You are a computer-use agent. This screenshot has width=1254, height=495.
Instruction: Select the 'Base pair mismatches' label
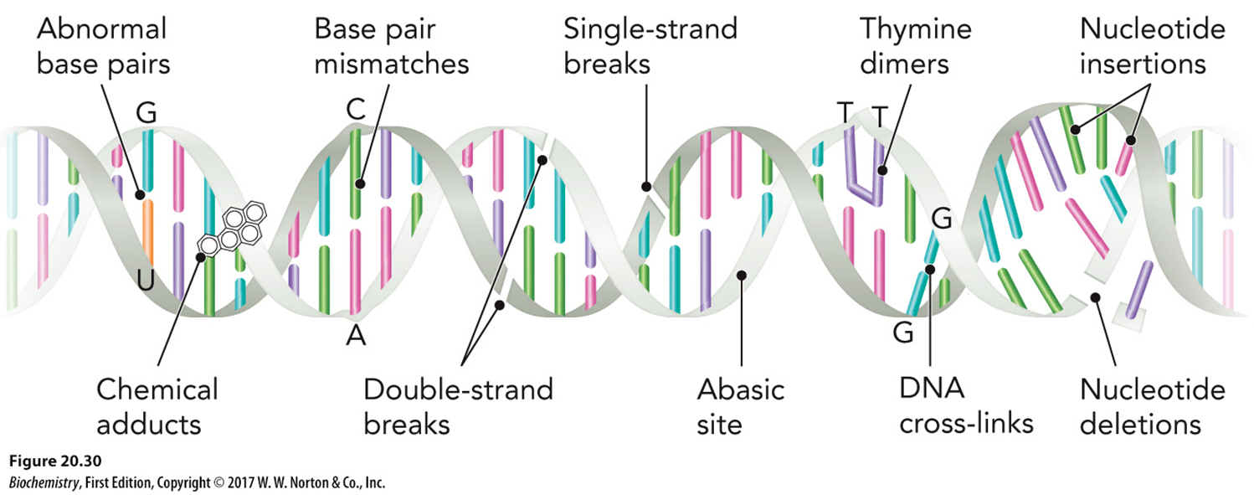391,46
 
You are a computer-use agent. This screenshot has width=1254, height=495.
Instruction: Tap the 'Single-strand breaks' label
650,46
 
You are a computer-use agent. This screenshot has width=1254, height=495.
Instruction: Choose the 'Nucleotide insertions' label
1152,46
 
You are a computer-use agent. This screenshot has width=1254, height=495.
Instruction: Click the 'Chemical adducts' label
157,406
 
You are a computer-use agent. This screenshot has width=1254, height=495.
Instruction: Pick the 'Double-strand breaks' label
458,406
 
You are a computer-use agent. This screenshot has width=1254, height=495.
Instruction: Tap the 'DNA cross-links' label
966,406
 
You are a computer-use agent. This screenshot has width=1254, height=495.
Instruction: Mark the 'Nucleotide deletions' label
1152,406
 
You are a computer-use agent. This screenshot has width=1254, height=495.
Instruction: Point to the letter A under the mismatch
356,336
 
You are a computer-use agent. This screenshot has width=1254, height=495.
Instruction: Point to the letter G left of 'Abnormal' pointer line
146,114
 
